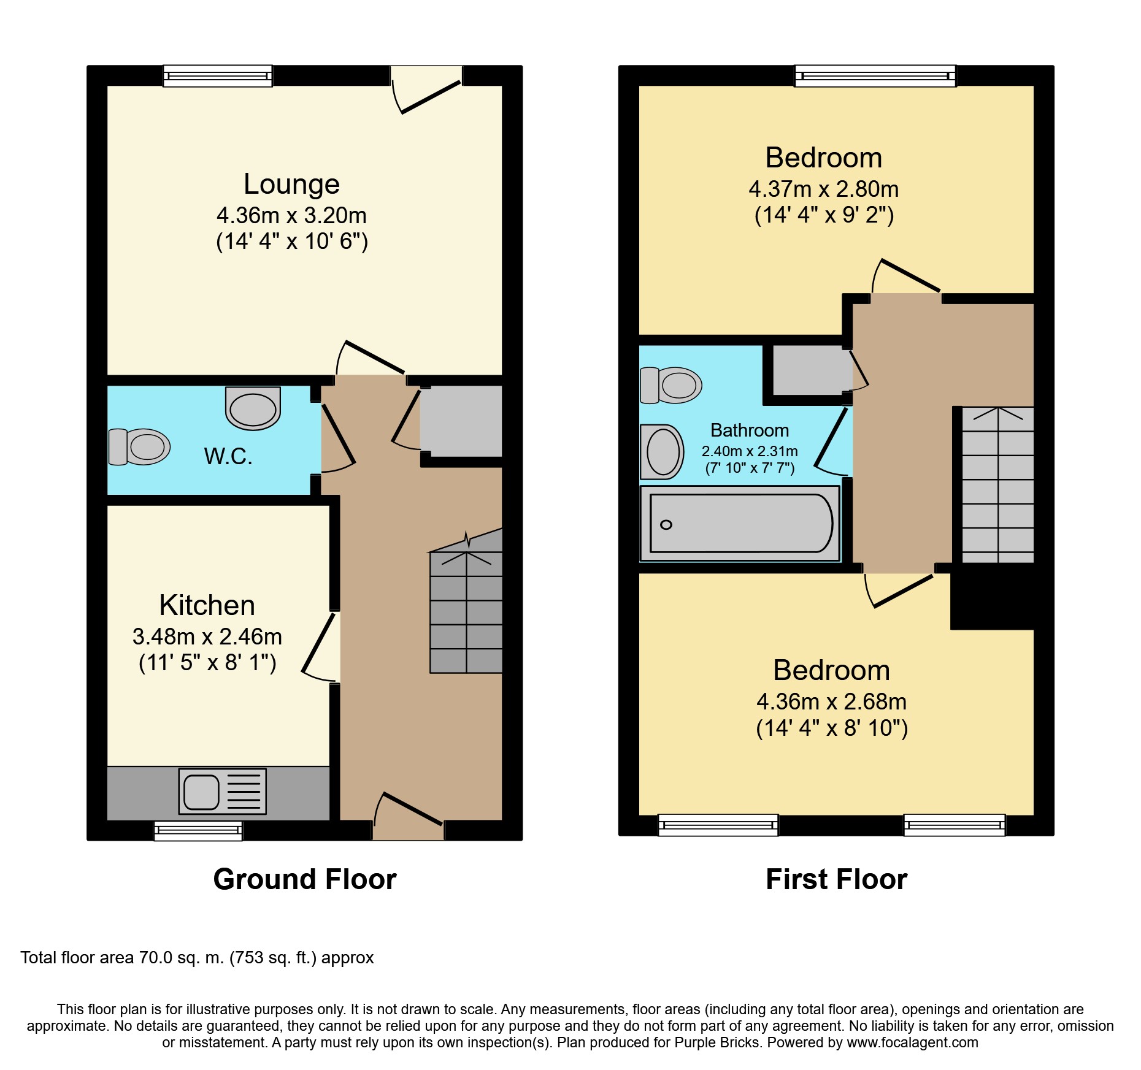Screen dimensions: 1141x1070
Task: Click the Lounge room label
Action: [291, 184]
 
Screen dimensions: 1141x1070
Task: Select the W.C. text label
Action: [228, 456]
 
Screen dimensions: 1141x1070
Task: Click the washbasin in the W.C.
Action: [253, 408]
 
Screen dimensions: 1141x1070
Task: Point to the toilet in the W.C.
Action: [139, 447]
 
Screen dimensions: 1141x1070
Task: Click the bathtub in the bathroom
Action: [740, 523]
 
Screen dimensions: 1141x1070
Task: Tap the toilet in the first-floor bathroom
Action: [670, 385]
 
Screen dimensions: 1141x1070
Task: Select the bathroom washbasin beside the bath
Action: [662, 452]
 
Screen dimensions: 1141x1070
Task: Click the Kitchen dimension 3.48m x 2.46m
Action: [207, 636]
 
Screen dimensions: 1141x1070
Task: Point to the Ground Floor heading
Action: [305, 879]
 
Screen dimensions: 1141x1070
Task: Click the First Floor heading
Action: [836, 879]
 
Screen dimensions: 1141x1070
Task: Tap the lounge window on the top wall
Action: [218, 76]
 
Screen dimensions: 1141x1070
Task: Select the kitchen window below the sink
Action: [198, 831]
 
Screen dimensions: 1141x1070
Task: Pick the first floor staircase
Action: [997, 484]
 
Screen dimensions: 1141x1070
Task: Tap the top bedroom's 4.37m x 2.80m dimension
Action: [824, 189]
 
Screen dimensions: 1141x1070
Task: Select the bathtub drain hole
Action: [666, 524]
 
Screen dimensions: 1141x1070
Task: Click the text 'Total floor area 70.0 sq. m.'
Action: [122, 958]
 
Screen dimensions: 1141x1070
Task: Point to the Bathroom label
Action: [750, 430]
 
